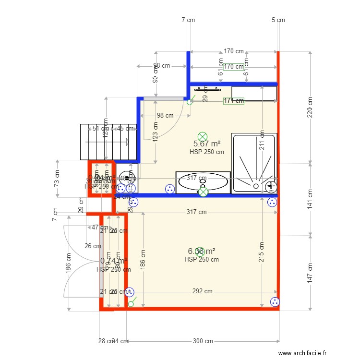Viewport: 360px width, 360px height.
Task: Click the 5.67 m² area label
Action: click(207, 144)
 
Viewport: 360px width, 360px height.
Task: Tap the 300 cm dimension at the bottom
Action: click(203, 341)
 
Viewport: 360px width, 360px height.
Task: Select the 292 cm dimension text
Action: click(202, 291)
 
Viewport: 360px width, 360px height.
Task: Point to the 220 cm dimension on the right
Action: click(310, 108)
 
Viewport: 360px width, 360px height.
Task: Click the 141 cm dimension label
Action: click(310, 199)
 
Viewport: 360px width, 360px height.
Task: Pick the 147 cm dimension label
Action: click(310, 273)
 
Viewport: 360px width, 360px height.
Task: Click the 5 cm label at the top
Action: click(278, 20)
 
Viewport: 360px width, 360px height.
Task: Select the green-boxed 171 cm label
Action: click(234, 101)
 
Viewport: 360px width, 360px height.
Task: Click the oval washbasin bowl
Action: click(203, 181)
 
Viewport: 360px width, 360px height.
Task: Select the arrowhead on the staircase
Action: click(127, 142)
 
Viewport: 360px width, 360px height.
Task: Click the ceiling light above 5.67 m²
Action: click(203, 136)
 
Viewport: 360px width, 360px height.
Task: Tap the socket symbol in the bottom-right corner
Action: click(275, 302)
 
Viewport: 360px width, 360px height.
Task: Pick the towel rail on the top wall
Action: click(207, 89)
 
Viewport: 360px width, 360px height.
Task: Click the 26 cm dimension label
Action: click(93, 246)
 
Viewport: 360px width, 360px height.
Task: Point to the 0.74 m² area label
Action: click(113, 261)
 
